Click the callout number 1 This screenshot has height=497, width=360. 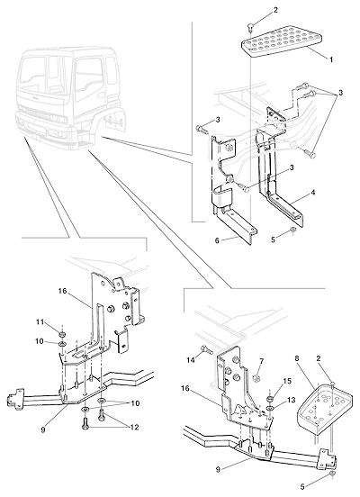[331, 59]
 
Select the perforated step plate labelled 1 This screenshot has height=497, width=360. [282, 41]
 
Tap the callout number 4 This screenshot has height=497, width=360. [313, 193]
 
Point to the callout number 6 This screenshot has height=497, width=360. [217, 240]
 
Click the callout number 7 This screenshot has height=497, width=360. [261, 361]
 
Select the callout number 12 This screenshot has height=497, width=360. [134, 427]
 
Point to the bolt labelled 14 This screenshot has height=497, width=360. [206, 350]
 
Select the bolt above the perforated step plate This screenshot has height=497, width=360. [250, 28]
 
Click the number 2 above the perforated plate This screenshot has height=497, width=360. [275, 10]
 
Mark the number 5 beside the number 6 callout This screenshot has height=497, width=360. [274, 239]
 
